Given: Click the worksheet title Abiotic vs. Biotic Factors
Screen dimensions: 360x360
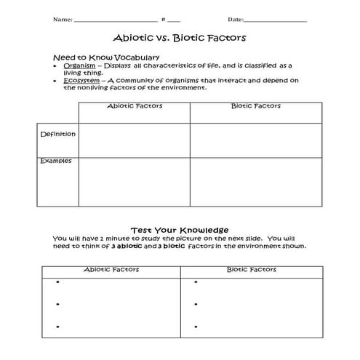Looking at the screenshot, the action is click(x=179, y=37).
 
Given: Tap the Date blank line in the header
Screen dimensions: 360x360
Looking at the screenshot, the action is click(x=276, y=20).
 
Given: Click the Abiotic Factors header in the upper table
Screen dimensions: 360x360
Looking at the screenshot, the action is click(x=135, y=106).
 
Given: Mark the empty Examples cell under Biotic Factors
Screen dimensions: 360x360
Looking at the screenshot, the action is click(x=256, y=182).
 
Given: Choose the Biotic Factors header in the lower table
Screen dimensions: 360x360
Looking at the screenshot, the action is click(x=252, y=269).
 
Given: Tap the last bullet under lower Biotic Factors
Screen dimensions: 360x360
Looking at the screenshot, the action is click(x=196, y=327).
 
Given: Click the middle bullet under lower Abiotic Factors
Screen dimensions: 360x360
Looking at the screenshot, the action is click(x=56, y=304).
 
